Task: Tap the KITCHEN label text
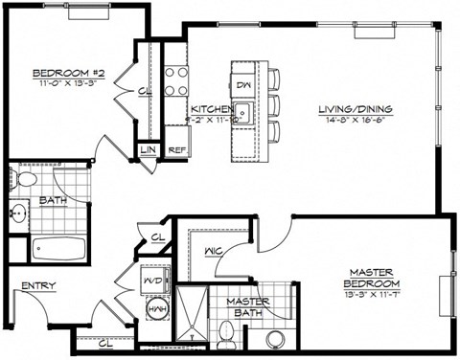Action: point(209,109)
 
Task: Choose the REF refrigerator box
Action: point(176,150)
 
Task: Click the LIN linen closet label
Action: point(149,150)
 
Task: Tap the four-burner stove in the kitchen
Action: point(173,81)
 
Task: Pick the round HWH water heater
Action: point(157,311)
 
